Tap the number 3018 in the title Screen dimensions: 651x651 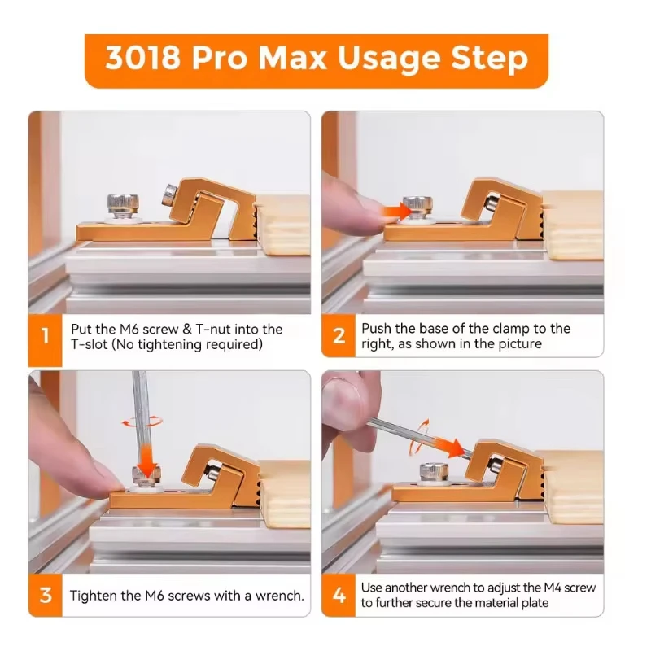click(x=143, y=58)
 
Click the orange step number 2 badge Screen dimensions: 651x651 click(x=339, y=335)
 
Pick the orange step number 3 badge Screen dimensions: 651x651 click(x=46, y=595)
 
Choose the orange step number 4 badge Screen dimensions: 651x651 click(x=339, y=596)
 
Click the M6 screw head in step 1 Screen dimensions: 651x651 click(x=123, y=203)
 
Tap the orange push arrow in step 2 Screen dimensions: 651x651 click(x=396, y=211)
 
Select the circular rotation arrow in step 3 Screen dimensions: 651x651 click(x=142, y=422)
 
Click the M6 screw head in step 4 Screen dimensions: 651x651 click(x=434, y=471)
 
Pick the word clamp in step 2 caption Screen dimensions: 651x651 click(x=509, y=329)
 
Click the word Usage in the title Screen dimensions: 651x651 click(x=389, y=59)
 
